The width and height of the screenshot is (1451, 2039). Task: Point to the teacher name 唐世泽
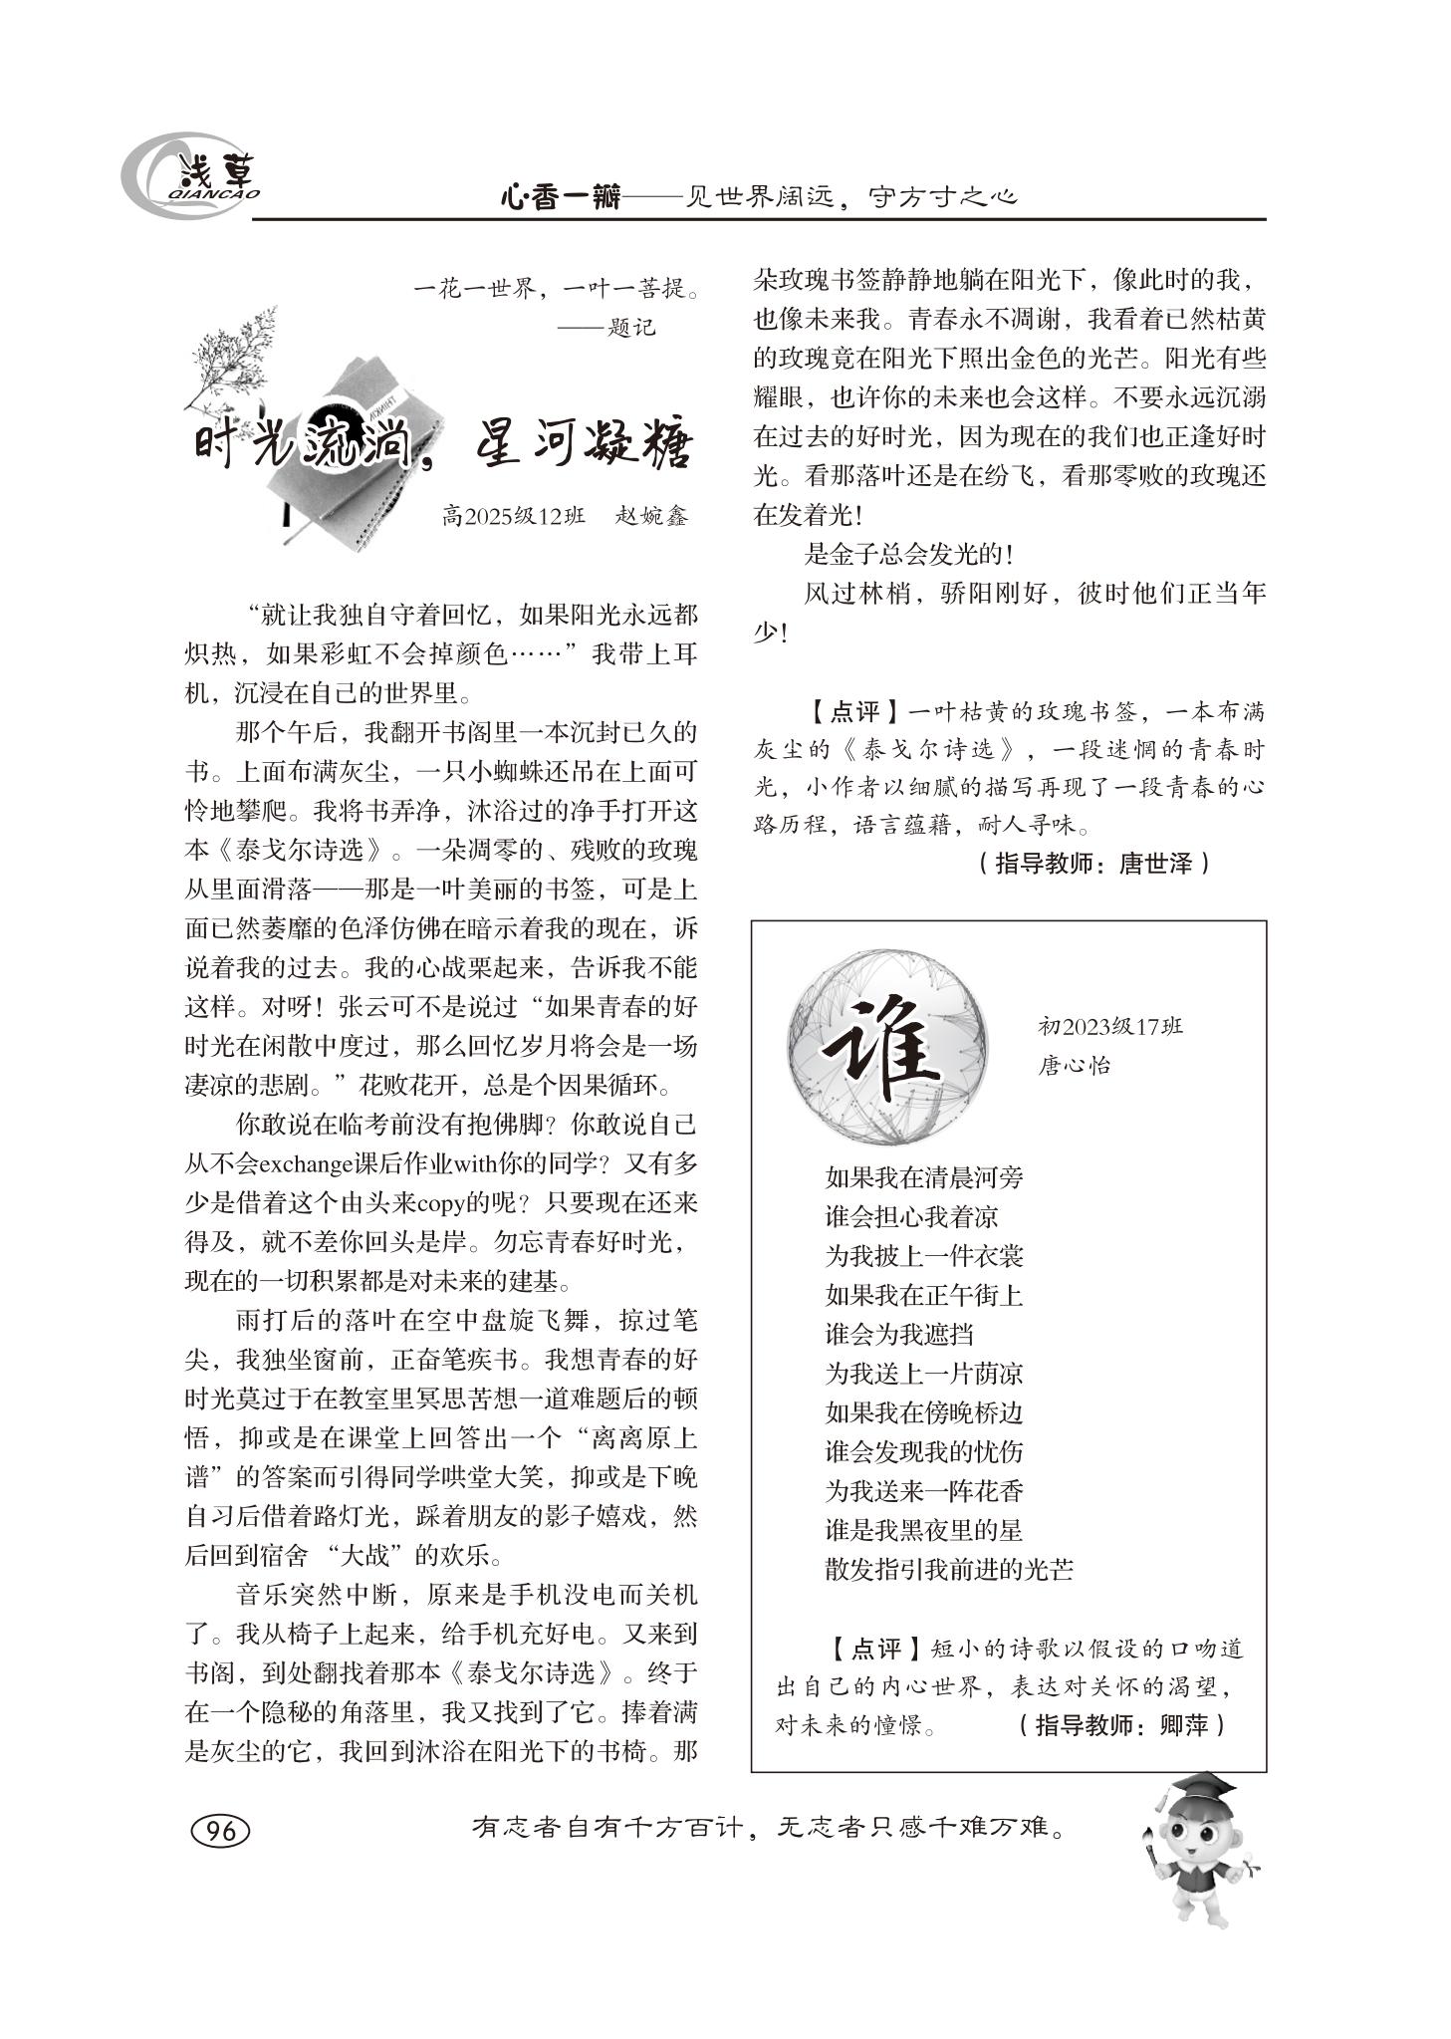[1155, 863]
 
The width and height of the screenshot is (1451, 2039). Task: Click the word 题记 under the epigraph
[631, 328]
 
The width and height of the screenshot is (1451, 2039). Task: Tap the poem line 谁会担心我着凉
[911, 1217]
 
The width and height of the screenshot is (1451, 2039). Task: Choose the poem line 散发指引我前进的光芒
[949, 1570]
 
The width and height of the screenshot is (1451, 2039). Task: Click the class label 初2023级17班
[1109, 1026]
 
